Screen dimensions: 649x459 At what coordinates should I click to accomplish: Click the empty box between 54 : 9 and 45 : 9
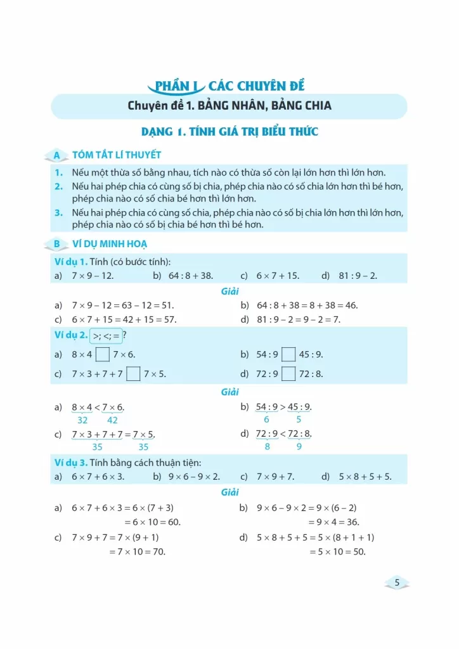pyautogui.click(x=288, y=355)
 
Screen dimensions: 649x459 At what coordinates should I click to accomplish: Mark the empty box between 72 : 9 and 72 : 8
pyautogui.click(x=288, y=374)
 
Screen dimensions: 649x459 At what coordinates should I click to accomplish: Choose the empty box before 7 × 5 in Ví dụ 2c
pyautogui.click(x=133, y=374)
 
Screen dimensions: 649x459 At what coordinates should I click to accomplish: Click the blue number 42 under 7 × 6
pyautogui.click(x=112, y=420)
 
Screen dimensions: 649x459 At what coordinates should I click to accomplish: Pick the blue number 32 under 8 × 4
pyautogui.click(x=82, y=420)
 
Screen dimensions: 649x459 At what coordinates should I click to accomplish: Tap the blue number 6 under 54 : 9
pyautogui.click(x=266, y=420)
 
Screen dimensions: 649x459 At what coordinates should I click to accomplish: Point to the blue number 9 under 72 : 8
pyautogui.click(x=299, y=446)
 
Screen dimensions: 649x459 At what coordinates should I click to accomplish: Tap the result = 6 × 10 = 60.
pyautogui.click(x=152, y=522)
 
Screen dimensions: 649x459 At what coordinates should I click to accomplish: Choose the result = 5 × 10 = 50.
pyautogui.click(x=337, y=551)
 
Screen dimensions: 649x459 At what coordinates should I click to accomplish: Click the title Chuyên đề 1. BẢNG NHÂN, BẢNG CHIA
pyautogui.click(x=229, y=105)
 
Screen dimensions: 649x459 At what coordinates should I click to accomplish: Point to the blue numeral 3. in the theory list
pyautogui.click(x=58, y=214)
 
